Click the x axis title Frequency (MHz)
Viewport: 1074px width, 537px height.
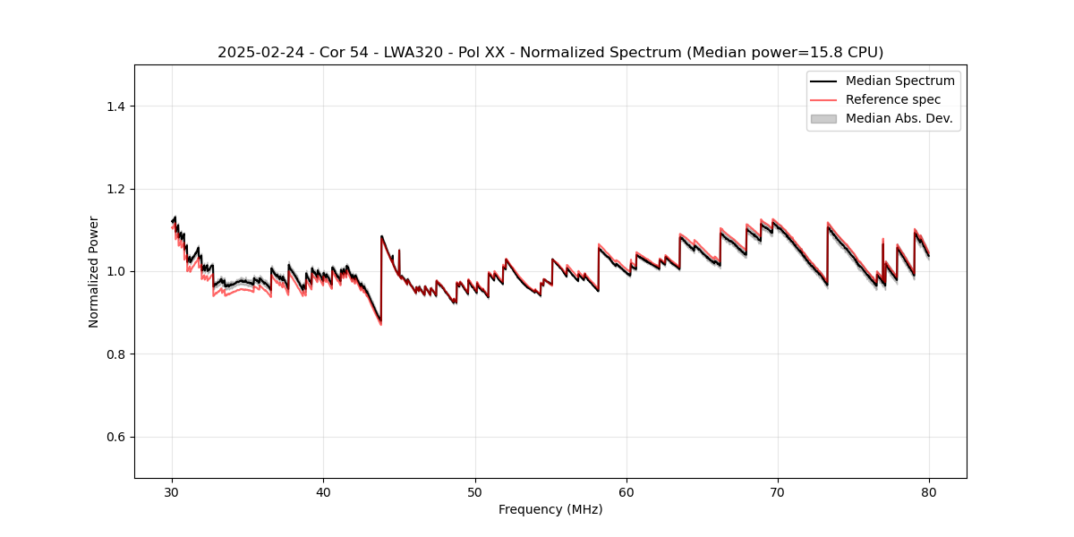pyautogui.click(x=550, y=509)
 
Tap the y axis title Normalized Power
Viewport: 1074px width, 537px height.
pyautogui.click(x=93, y=271)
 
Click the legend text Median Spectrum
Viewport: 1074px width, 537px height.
pyautogui.click(x=899, y=81)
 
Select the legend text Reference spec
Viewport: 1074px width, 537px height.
pyautogui.click(x=892, y=99)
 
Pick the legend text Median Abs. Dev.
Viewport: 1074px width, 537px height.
pyautogui.click(x=899, y=118)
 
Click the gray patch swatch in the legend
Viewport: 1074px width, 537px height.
pyautogui.click(x=823, y=118)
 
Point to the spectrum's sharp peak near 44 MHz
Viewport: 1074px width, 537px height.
pyautogui.click(x=381, y=236)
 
